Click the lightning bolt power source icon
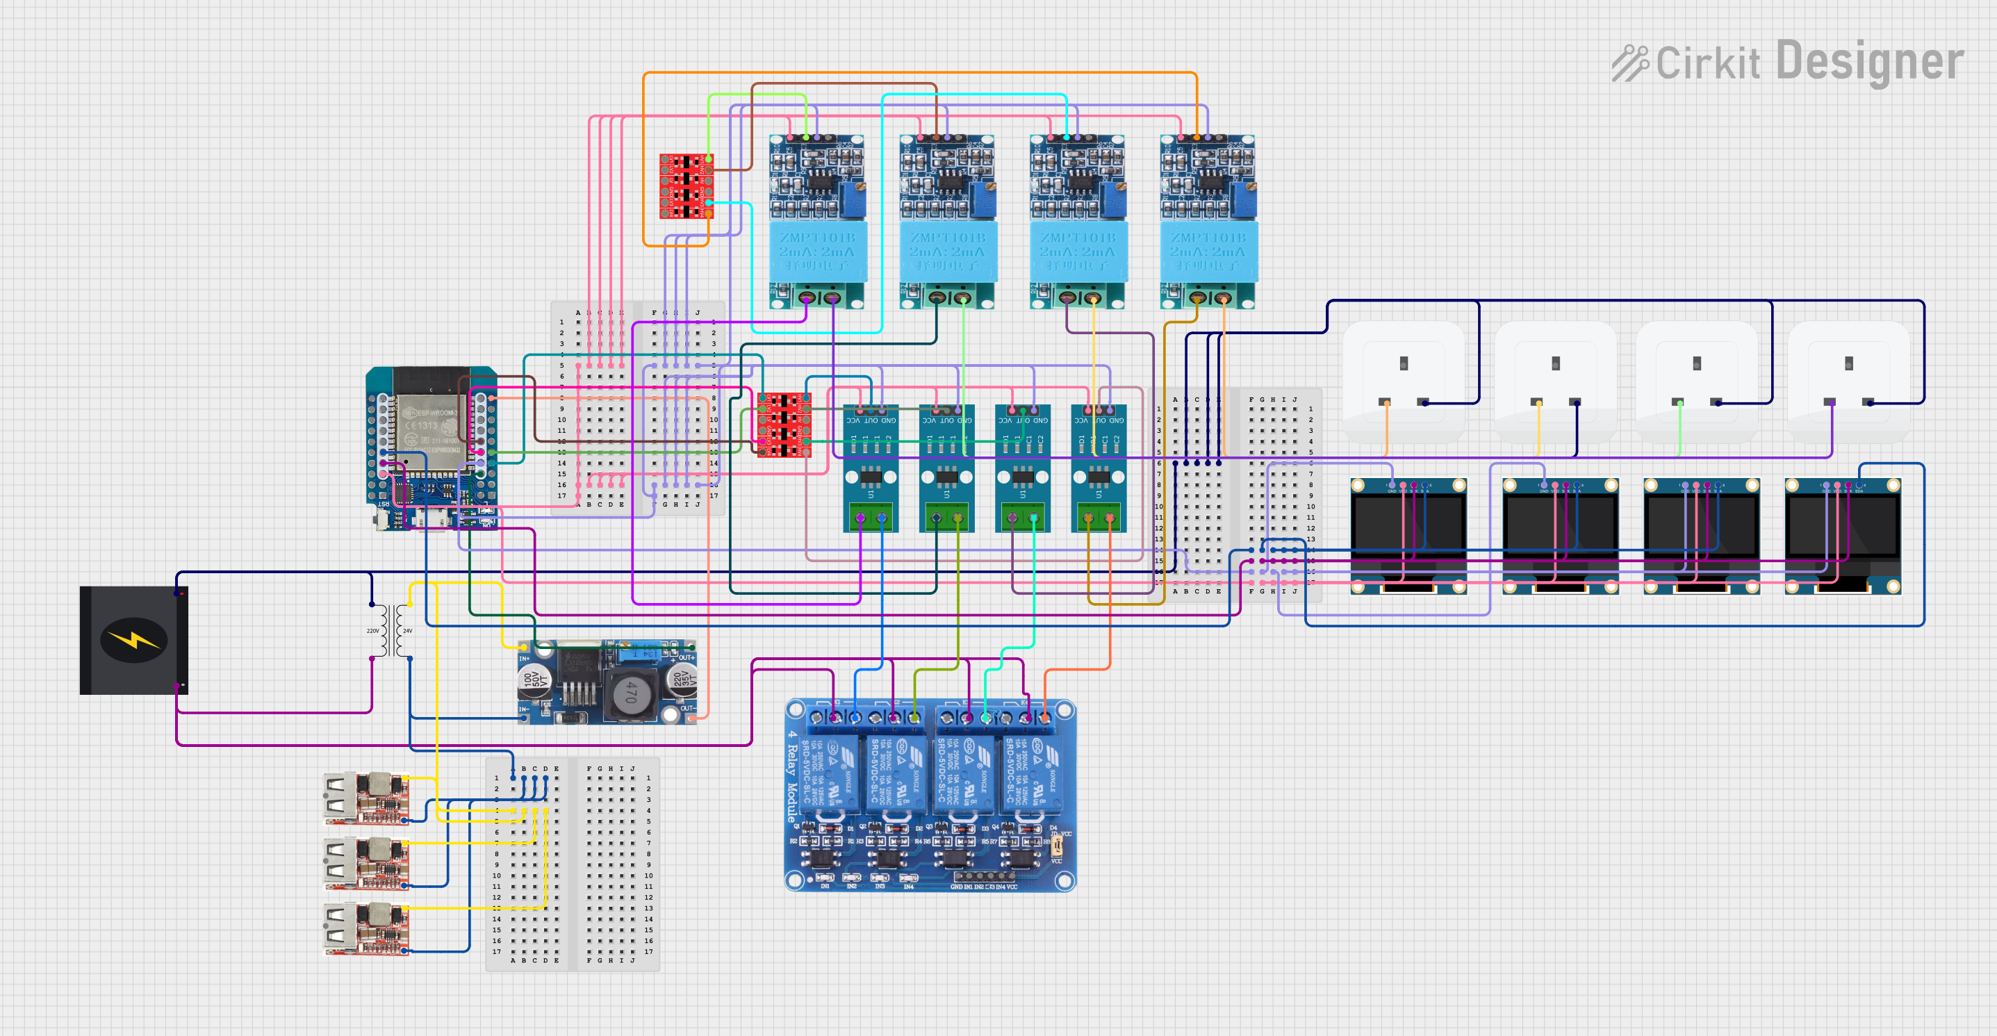133,640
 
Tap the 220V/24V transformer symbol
391,631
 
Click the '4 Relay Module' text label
791,776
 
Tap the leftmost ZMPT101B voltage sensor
817,222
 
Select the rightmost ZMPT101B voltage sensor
1208,222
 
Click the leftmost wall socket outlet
1403,380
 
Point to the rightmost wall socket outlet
1848,380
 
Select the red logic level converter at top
686,186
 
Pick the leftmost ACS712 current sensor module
871,468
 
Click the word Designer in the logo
1869,62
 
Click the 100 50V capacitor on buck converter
534,680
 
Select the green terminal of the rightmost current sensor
1099,517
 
